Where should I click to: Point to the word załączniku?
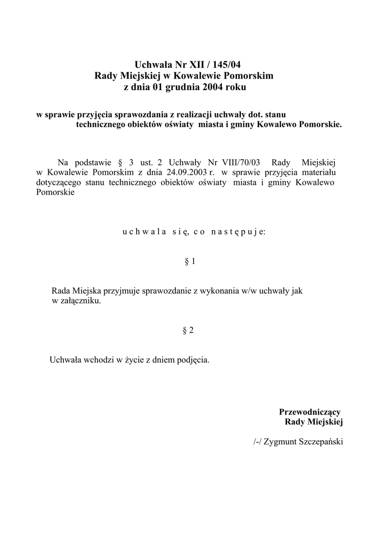click(80, 301)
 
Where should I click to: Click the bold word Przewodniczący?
click(310, 411)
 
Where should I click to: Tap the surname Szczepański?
click(320, 442)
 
